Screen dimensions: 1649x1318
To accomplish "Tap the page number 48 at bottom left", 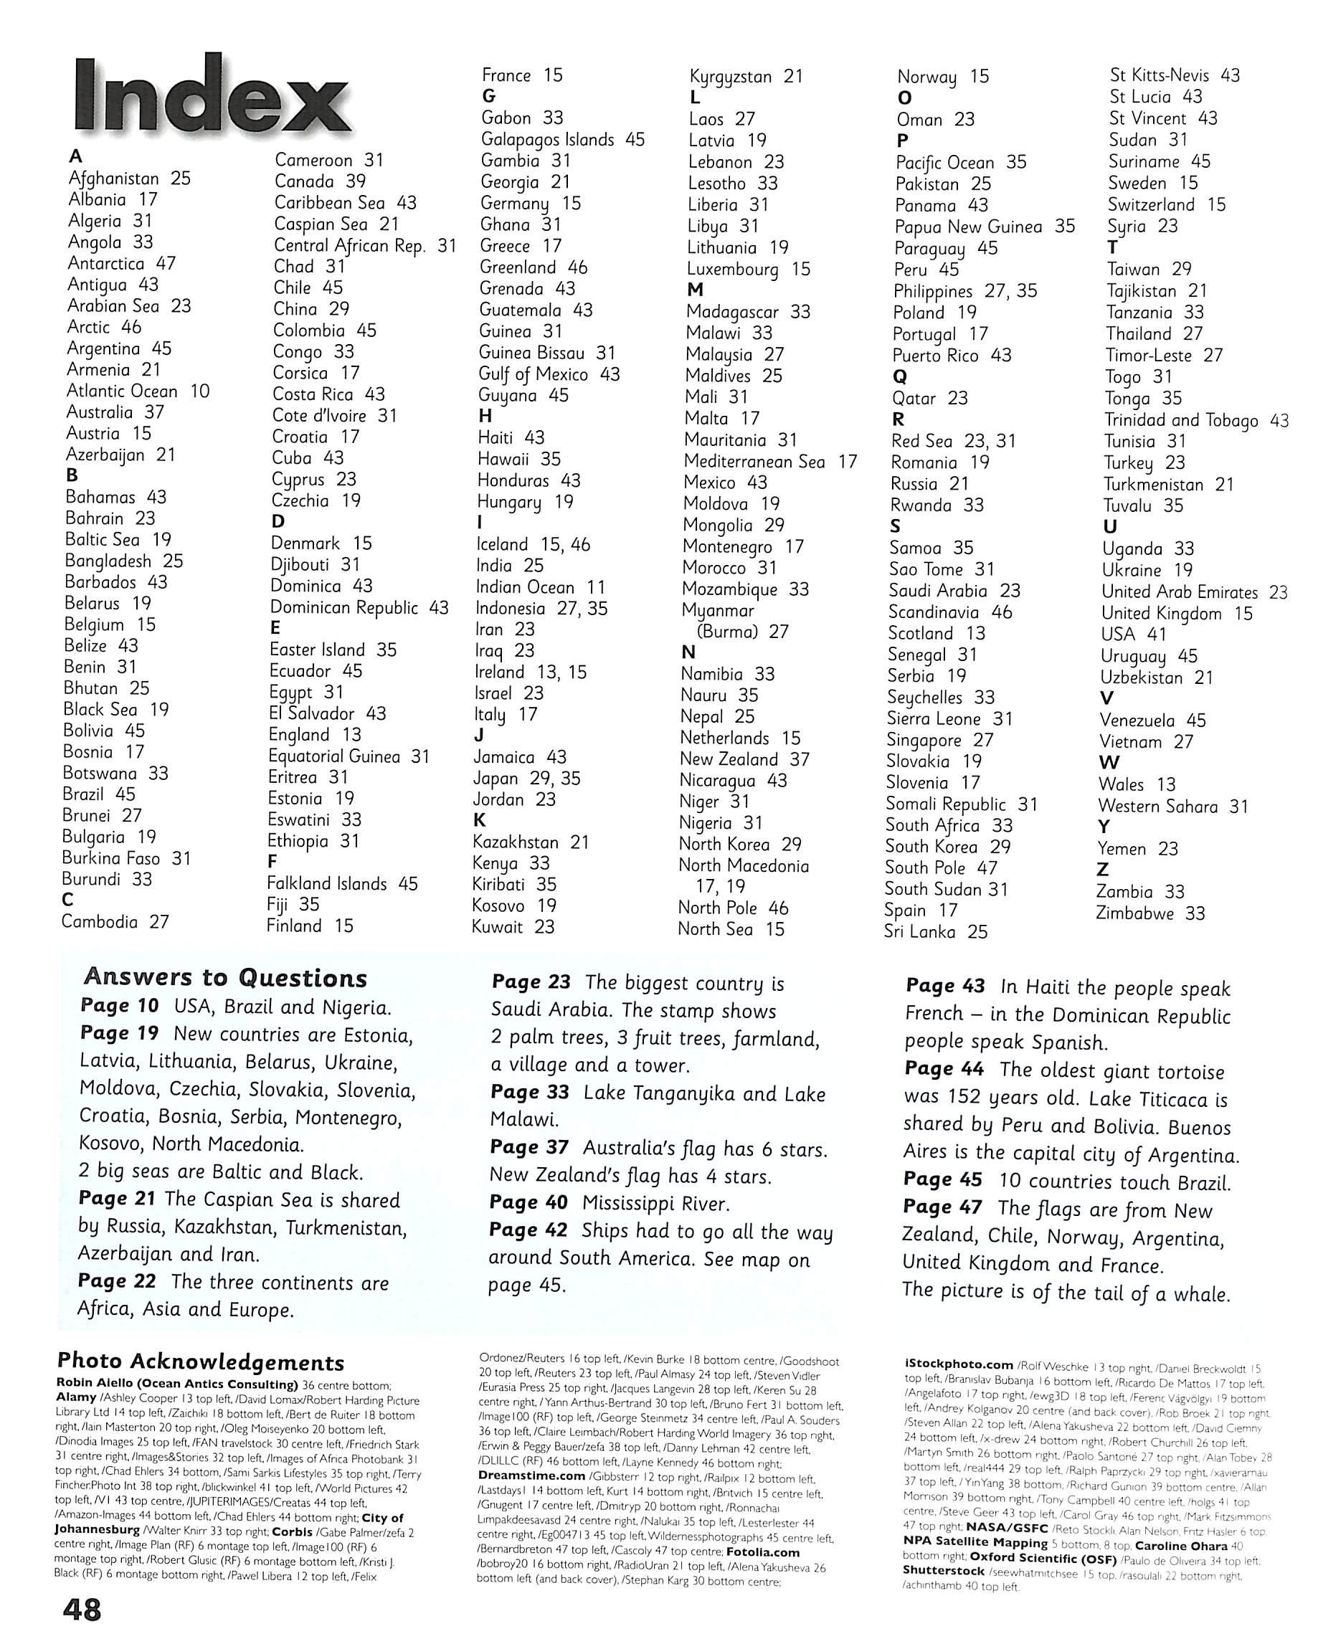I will click(x=81, y=1610).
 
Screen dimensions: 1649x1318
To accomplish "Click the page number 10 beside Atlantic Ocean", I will click(x=199, y=391).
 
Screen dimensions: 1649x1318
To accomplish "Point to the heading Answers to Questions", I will click(x=226, y=977).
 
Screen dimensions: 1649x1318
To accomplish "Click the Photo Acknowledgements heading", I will click(x=200, y=1362).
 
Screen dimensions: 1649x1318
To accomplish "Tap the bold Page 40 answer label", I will click(x=528, y=1203).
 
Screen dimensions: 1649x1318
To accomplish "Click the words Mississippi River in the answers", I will click(x=655, y=1204).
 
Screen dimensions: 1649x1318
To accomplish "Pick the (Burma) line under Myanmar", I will click(x=741, y=632).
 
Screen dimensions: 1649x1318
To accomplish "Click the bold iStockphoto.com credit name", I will click(x=959, y=1364).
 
